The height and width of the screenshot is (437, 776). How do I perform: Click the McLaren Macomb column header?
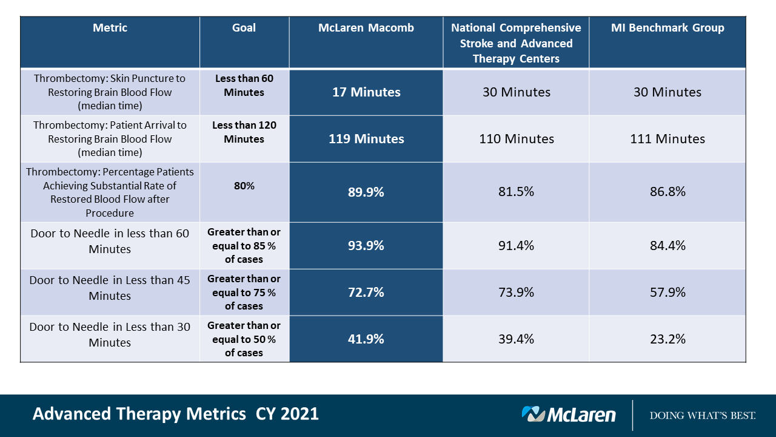coord(366,28)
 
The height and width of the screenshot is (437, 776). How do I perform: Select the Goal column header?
coord(244,28)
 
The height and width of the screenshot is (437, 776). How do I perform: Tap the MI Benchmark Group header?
coord(667,28)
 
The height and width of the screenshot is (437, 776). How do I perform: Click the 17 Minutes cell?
coord(366,92)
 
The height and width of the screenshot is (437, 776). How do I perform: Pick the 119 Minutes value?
coord(366,139)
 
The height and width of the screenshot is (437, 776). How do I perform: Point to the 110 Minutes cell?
coord(516,139)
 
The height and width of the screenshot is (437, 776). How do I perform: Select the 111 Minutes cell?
coord(667,139)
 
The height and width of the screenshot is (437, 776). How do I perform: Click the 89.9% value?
coord(366,192)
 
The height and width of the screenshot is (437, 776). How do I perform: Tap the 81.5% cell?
coord(516,192)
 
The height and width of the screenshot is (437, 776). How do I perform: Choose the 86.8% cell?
coord(667,192)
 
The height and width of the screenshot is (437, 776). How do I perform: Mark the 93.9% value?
coord(366,246)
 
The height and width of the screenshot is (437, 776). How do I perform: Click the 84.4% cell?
coord(667,246)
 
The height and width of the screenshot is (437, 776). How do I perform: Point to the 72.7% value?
coord(366,293)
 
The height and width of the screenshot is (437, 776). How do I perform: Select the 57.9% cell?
coord(667,293)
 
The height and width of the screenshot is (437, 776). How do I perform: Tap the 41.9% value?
coord(366,339)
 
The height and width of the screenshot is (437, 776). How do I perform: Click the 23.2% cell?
coord(667,339)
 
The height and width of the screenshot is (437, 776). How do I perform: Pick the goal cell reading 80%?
coord(244,186)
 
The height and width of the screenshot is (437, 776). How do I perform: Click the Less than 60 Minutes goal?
coord(244,86)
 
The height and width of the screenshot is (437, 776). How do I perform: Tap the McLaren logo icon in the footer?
coord(533,414)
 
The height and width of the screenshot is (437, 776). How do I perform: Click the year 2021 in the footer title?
coord(299,414)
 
